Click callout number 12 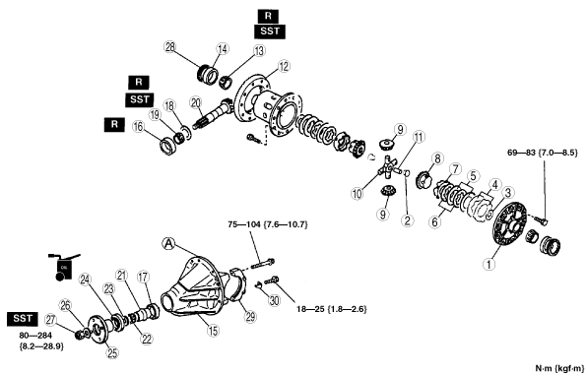(x=284, y=67)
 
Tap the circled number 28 (x=170, y=47)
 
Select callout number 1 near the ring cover (x=489, y=264)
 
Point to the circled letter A (x=168, y=244)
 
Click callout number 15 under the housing (x=213, y=331)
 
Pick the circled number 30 (x=275, y=300)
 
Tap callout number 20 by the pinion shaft (x=196, y=102)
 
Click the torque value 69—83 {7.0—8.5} (x=543, y=153)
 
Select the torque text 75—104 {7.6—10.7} (x=268, y=224)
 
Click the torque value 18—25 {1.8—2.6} (x=331, y=309)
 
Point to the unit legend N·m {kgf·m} (x=559, y=368)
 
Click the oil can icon (x=63, y=267)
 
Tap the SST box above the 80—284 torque (x=23, y=319)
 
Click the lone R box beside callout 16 (x=114, y=124)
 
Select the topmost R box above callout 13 (x=268, y=16)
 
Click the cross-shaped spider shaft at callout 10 (x=390, y=168)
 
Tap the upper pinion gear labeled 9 (x=386, y=144)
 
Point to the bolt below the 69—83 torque (x=541, y=220)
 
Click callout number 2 (x=408, y=220)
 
